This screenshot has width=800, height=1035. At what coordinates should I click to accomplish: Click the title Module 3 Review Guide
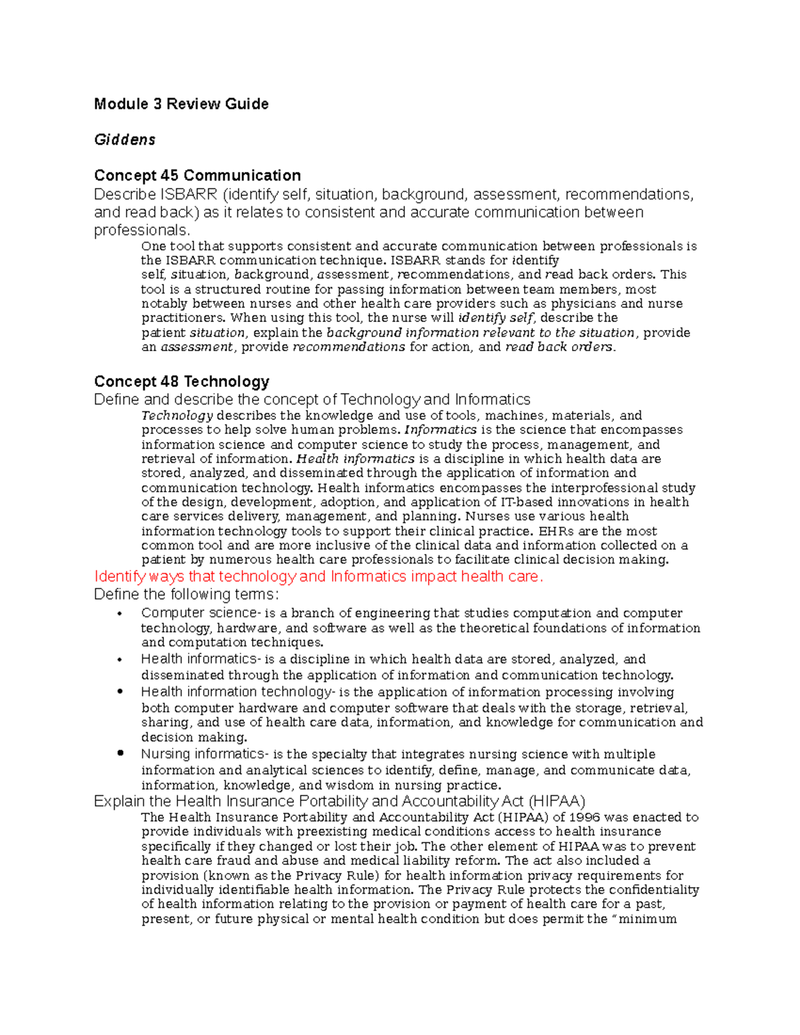tap(181, 104)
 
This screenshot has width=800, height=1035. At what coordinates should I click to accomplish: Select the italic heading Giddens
tap(125, 140)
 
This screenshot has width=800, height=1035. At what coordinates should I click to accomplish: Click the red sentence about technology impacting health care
tap(319, 577)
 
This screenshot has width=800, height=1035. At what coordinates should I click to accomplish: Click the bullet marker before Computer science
tap(120, 614)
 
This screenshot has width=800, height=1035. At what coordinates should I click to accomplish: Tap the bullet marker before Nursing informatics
tap(120, 754)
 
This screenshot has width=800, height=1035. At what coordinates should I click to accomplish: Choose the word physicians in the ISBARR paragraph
tap(585, 304)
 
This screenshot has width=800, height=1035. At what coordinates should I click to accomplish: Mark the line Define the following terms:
tap(186, 594)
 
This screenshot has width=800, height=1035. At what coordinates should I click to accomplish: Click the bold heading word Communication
tap(242, 176)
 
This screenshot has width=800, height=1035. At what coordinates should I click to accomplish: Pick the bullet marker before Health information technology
tap(120, 692)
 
